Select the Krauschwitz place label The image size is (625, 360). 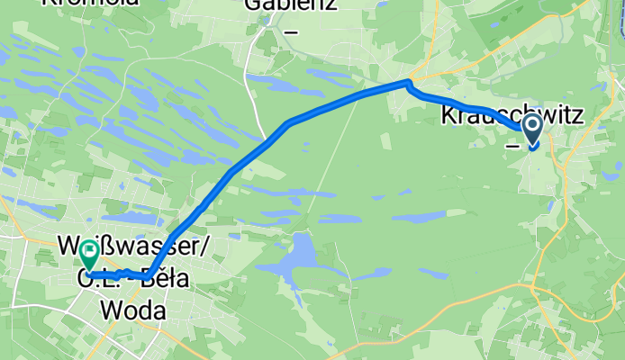click(511, 116)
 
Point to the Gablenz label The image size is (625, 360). click(289, 4)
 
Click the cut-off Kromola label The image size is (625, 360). click(91, 3)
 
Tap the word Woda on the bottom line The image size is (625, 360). click(133, 310)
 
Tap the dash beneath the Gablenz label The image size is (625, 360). click(290, 33)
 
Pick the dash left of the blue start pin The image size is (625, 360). click(511, 144)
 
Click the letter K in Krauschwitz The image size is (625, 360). click(448, 116)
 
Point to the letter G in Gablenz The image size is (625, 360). click(253, 4)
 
